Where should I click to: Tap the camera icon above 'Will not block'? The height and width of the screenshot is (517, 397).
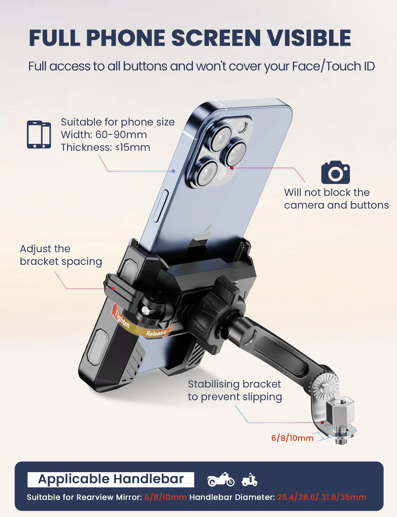335,172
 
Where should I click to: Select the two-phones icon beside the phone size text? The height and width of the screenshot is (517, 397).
39,135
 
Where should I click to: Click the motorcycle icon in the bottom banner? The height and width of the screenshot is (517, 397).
221,479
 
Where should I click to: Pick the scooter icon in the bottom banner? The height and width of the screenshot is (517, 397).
250,480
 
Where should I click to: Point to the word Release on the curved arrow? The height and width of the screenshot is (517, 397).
156,333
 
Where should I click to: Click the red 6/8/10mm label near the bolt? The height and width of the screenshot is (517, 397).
292,438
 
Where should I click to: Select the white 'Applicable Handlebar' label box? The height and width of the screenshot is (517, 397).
111,479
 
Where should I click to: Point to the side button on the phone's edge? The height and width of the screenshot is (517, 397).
161,206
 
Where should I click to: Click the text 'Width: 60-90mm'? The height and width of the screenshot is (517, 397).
104,135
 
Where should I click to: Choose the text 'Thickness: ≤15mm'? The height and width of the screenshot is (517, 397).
105,147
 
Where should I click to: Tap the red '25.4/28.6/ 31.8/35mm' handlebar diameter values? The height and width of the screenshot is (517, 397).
322,497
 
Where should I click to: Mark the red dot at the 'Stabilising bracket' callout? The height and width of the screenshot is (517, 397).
322,422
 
